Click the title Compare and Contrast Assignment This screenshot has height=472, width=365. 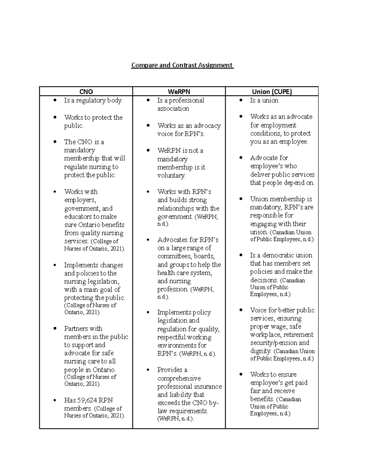tap(182, 65)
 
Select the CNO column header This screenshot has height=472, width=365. tap(86, 91)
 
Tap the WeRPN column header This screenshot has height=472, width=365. tap(179, 91)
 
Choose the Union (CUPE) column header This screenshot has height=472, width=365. tap(272, 91)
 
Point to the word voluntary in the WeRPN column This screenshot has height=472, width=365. tap(171, 175)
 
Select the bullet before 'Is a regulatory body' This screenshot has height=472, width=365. tap(55, 100)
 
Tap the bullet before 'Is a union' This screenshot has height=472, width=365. tap(241, 100)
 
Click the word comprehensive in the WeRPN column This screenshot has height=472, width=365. tap(179, 378)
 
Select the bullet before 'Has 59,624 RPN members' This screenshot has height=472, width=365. tap(55, 400)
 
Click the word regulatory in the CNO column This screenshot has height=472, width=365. tap(90, 100)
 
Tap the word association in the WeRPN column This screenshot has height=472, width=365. tap(173, 109)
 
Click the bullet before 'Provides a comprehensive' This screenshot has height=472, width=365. tap(148, 370)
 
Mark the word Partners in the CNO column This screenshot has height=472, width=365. tap(75, 329)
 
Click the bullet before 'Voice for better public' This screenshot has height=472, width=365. tap(241, 310)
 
